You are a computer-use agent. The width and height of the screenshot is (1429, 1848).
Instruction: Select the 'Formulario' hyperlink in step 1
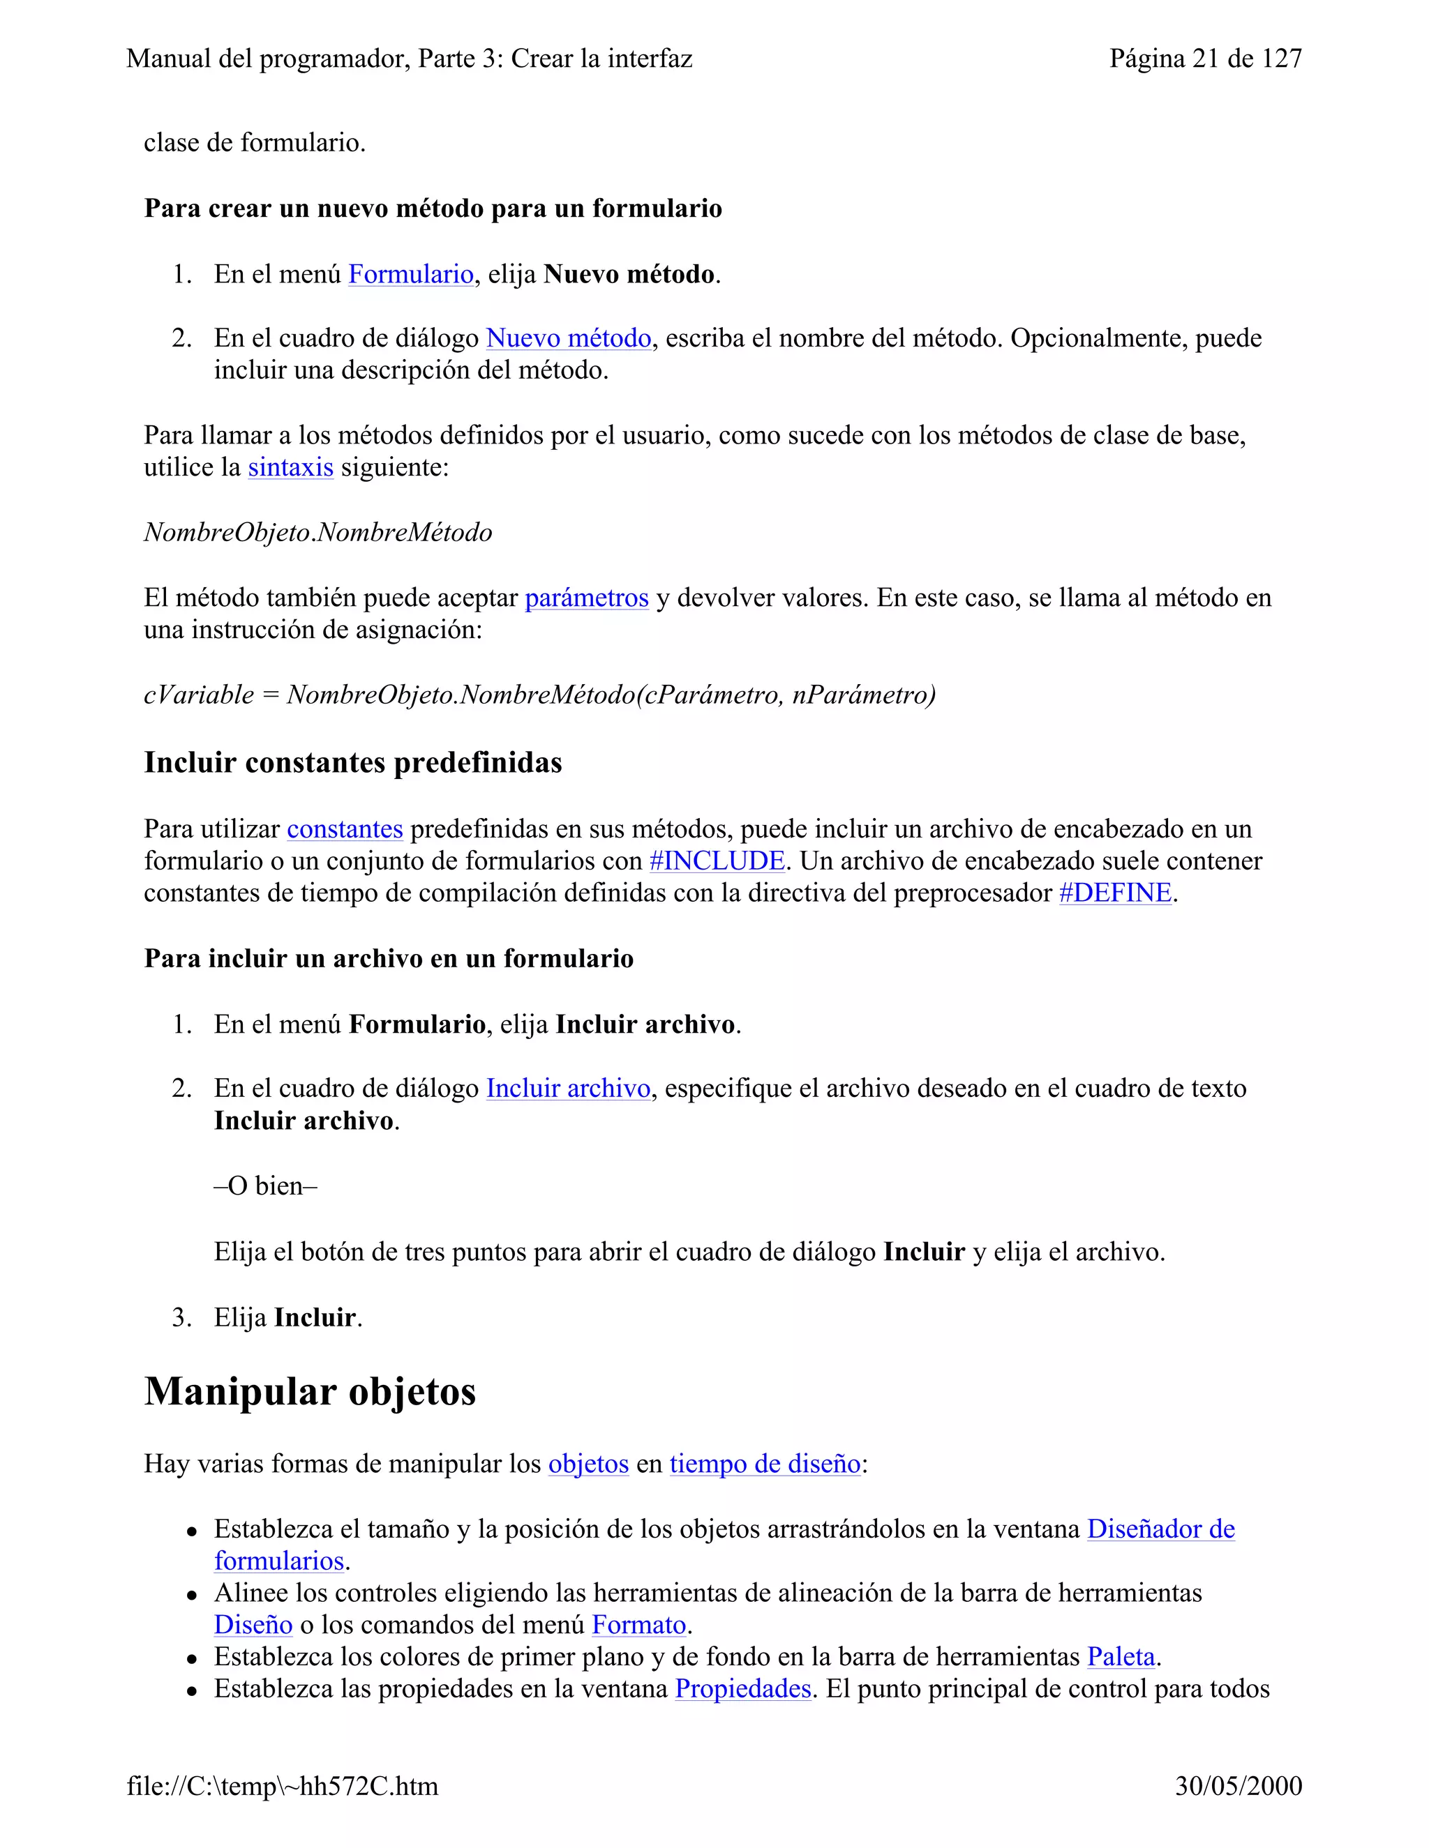coord(410,274)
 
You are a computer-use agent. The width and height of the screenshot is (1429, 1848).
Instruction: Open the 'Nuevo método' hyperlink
coord(568,338)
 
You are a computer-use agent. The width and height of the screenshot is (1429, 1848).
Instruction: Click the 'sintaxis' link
coord(290,467)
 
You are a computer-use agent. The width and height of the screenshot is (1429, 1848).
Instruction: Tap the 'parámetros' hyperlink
coord(586,598)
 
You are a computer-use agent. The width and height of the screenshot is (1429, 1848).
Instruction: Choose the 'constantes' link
coord(345,829)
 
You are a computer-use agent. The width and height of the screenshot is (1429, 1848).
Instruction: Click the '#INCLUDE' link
coord(716,861)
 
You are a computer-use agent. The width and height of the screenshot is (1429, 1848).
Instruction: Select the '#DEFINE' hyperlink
coord(1115,893)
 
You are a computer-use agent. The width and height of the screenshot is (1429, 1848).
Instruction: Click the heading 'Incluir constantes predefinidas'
coord(352,762)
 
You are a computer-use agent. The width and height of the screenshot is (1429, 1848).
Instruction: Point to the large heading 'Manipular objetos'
coord(310,1392)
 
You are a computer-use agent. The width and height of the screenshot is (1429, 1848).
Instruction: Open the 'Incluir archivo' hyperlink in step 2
coord(567,1089)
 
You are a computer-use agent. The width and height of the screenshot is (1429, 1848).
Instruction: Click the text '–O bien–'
coord(265,1186)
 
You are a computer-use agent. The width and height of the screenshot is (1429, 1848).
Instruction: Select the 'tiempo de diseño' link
coord(765,1464)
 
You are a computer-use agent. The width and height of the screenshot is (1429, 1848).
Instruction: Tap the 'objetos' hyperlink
coord(588,1464)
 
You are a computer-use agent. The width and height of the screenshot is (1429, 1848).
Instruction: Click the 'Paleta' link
coord(1120,1657)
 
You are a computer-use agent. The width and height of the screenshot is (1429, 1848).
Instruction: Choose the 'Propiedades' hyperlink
coord(742,1689)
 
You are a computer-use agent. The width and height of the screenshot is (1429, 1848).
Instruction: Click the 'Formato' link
coord(638,1626)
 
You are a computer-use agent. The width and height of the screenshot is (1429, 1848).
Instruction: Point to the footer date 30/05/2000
coord(1238,1786)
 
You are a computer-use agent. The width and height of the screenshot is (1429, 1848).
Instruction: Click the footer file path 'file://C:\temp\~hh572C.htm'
coord(283,1786)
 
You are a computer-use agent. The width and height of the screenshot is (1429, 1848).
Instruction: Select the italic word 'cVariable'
coord(199,695)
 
